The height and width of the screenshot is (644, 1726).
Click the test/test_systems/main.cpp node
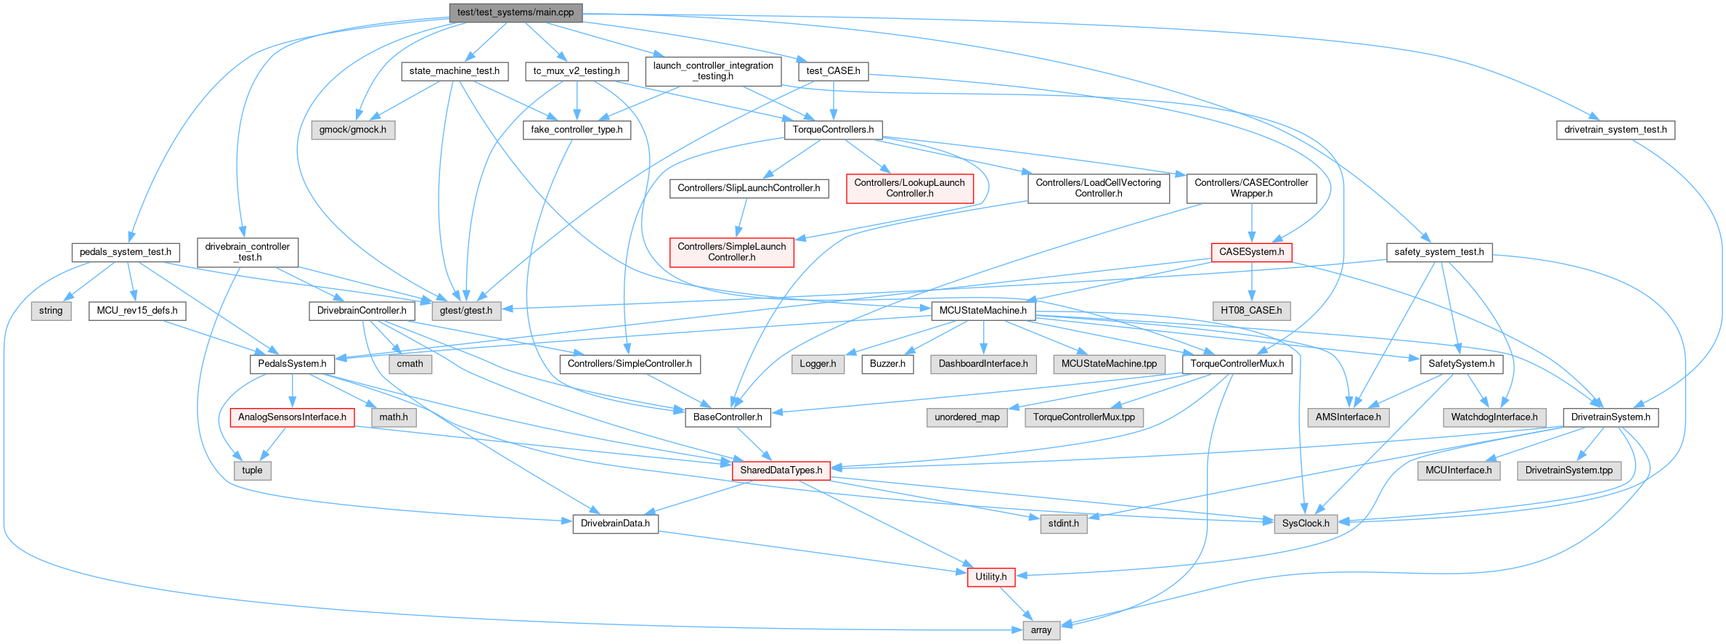tap(516, 12)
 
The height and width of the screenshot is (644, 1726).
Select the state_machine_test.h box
tap(455, 71)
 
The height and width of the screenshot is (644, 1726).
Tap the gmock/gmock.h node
tap(353, 130)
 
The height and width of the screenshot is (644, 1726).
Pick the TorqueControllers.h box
tap(833, 130)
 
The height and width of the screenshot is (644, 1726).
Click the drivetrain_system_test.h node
tap(1616, 130)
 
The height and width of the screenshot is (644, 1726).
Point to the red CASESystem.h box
tap(1251, 252)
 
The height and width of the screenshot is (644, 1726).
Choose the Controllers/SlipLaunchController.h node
tap(749, 188)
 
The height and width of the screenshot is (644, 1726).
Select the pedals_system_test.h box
tap(126, 252)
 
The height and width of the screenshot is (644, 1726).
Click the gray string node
tap(51, 311)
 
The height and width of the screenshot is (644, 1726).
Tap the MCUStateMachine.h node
tap(982, 311)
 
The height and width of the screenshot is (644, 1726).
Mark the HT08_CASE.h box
tap(1251, 311)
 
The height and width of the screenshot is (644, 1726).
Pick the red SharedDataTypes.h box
tap(781, 470)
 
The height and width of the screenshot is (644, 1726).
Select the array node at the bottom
tap(1041, 630)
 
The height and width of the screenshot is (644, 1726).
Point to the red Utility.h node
tap(990, 577)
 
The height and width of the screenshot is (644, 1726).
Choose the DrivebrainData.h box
tap(615, 523)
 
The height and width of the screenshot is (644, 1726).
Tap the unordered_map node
tap(967, 417)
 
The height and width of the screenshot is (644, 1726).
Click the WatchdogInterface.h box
tap(1494, 417)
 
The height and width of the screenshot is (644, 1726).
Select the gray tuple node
tap(252, 470)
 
